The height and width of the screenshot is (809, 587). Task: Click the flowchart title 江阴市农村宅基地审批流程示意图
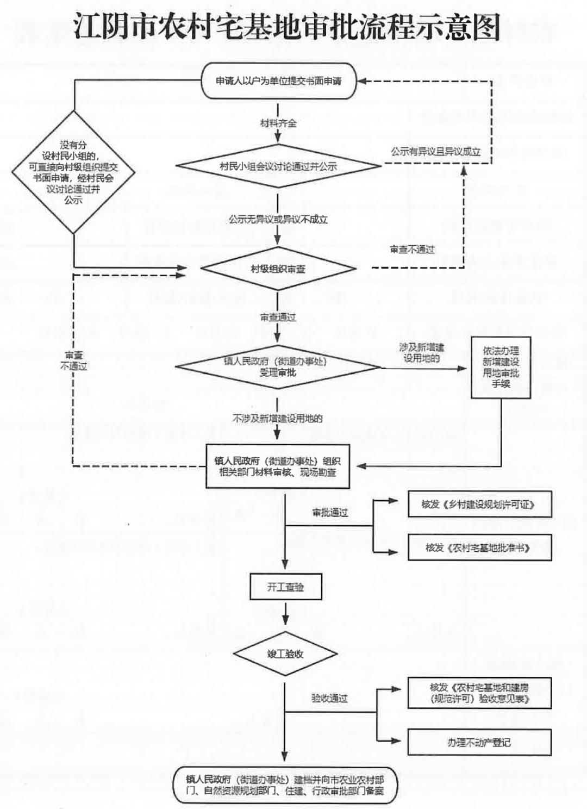coord(286,27)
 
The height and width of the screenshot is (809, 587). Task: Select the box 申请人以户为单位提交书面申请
coord(279,81)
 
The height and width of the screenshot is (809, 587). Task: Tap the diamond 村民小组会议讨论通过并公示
coord(278,166)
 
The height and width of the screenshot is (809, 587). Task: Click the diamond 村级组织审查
coord(278,269)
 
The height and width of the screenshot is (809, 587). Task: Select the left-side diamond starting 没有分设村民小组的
coord(73,172)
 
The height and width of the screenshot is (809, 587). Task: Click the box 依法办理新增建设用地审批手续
coord(501,368)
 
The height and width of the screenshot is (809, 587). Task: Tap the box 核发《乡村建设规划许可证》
coord(479,505)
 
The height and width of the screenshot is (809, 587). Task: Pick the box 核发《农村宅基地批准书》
coord(479,547)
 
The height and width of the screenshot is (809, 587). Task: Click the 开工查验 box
coord(285,587)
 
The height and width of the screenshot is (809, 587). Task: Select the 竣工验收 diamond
coord(285,654)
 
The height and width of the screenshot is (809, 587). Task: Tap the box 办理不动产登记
coord(479,742)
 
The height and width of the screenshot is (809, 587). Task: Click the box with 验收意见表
coord(479,693)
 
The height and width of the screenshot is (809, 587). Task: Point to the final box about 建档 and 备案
coord(285,785)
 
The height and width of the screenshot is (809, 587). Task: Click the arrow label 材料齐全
coord(278,123)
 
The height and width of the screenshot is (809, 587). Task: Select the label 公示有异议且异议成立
coord(435,152)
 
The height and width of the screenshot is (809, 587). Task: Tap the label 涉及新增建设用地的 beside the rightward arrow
coord(422,353)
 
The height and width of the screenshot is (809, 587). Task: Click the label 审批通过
coord(330,513)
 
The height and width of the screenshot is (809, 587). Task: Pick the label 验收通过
coord(329,698)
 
